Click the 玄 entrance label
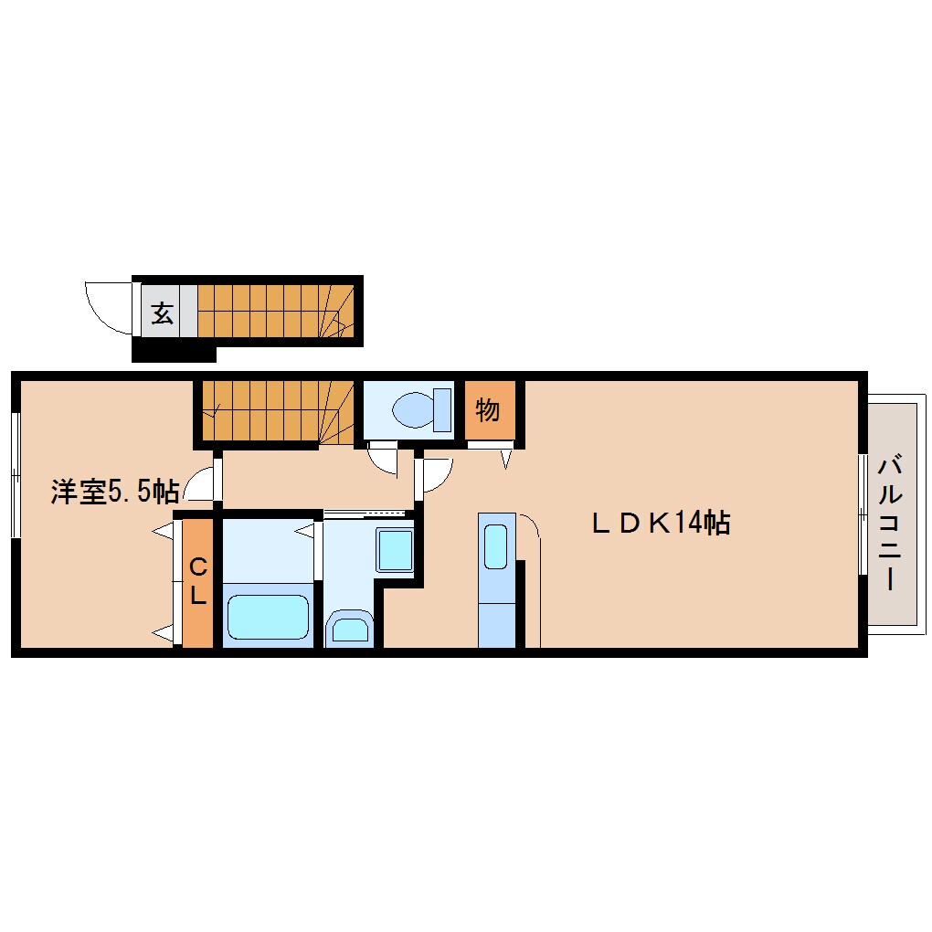pos(163,313)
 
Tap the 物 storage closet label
pos(488,410)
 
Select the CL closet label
pos(197,583)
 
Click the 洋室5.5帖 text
pos(114,492)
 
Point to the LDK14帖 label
pos(660,523)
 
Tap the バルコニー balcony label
pos(890,523)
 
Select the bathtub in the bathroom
pos(269,617)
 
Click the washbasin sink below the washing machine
pos(349,629)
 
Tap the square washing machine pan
pos(395,551)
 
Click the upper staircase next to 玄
pos(274,312)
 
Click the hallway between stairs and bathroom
pos(311,480)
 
